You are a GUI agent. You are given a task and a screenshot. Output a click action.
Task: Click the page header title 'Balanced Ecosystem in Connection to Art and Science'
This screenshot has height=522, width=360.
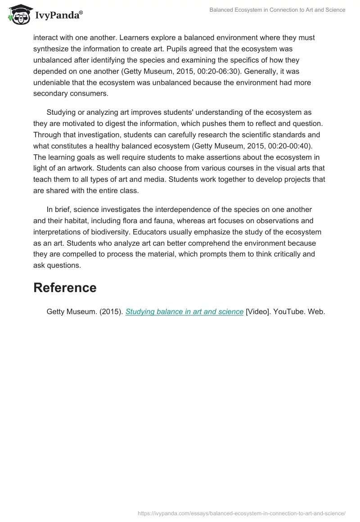coord(277,10)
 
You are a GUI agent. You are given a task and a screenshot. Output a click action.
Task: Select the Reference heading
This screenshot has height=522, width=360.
coord(65,288)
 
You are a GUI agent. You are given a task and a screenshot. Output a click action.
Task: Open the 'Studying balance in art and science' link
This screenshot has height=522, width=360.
coord(184,311)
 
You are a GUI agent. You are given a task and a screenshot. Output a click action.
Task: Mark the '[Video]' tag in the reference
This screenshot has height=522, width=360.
coord(258,311)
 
